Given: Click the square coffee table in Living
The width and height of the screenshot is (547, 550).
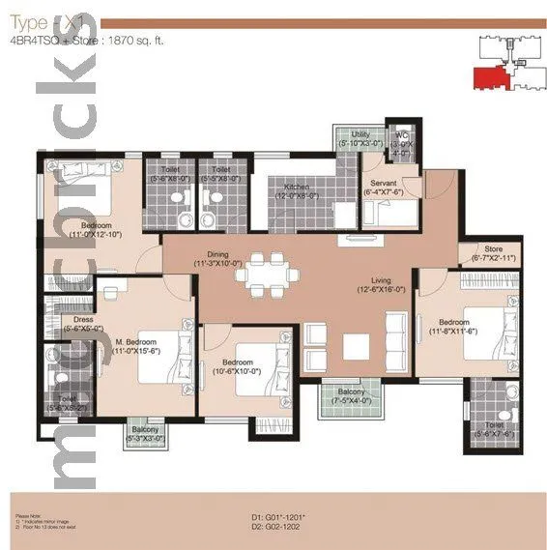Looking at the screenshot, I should pyautogui.click(x=357, y=346).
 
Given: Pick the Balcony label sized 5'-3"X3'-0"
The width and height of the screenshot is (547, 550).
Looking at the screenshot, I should pyautogui.click(x=146, y=434).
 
